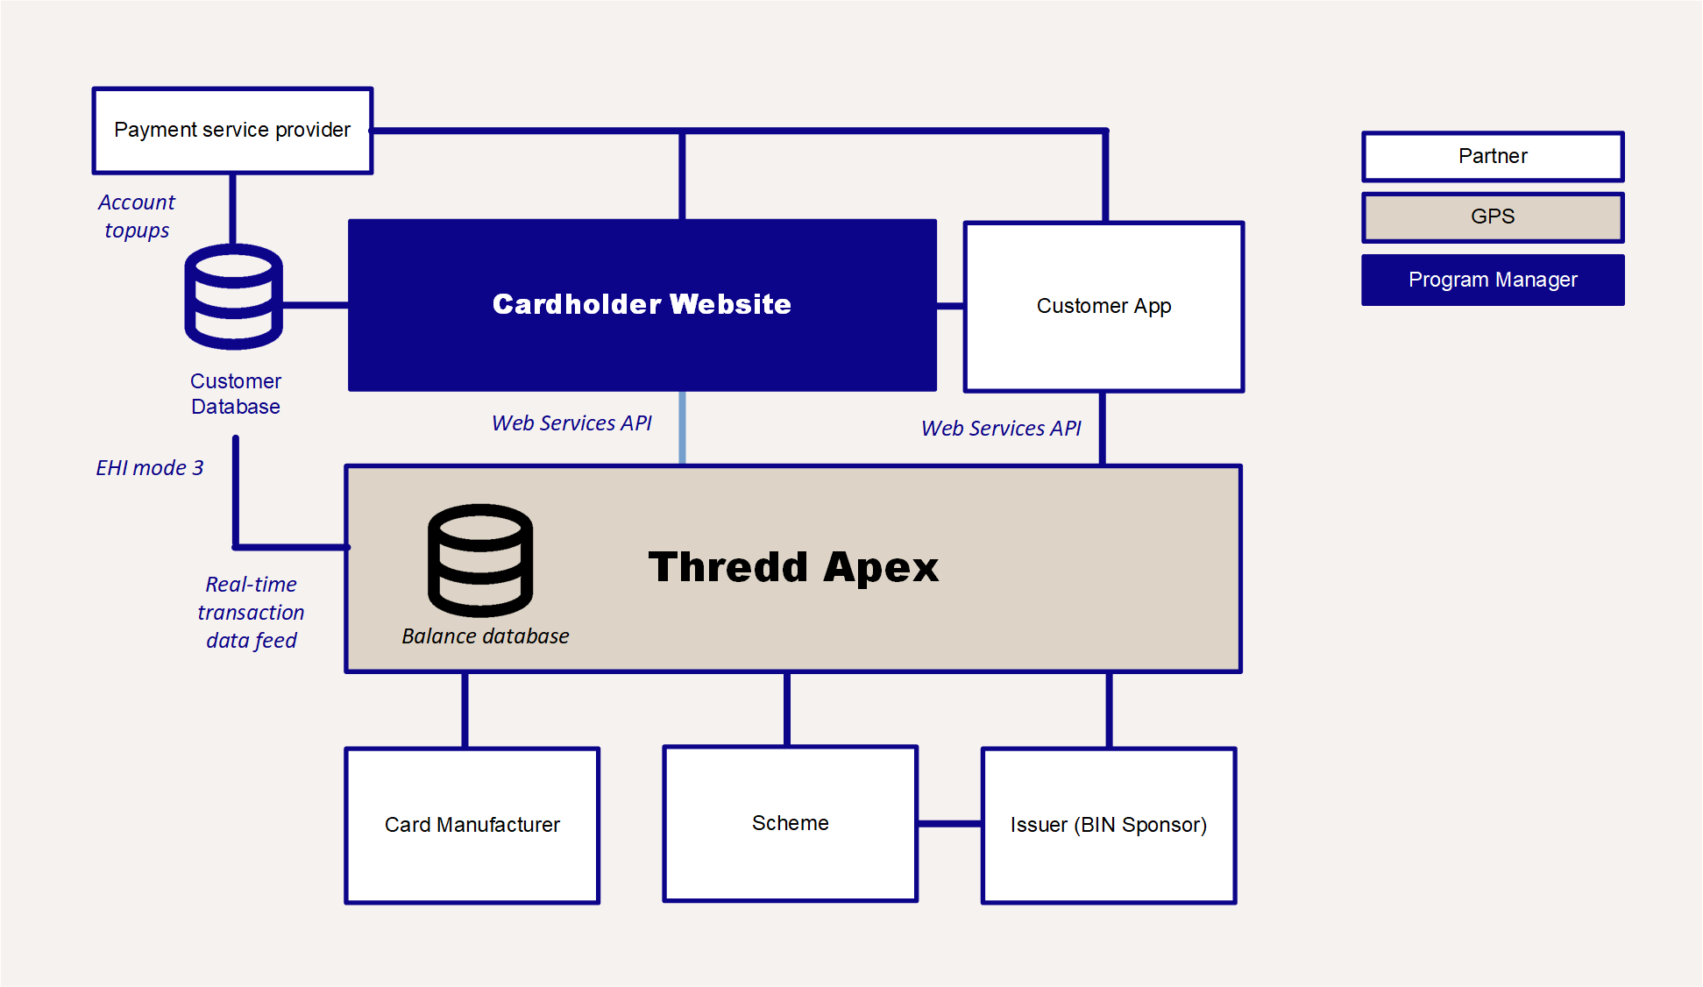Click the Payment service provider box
[x=232, y=131]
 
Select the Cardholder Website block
[x=642, y=304]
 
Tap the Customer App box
[x=1103, y=306]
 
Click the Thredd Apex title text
[x=793, y=567]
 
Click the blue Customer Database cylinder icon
[x=233, y=297]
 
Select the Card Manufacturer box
[x=472, y=825]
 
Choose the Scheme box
[x=790, y=823]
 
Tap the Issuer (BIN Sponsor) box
[x=1108, y=825]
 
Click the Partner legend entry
[x=1492, y=156]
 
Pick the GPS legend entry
[x=1492, y=217]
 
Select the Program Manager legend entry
[x=1492, y=280]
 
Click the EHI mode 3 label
[x=150, y=468]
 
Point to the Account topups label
[x=137, y=217]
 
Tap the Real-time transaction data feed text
[x=251, y=612]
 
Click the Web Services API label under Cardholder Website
[x=571, y=423]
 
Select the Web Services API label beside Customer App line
[x=1001, y=429]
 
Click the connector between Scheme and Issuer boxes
[x=949, y=823]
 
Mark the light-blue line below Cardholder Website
[x=682, y=428]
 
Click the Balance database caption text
[x=485, y=636]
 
